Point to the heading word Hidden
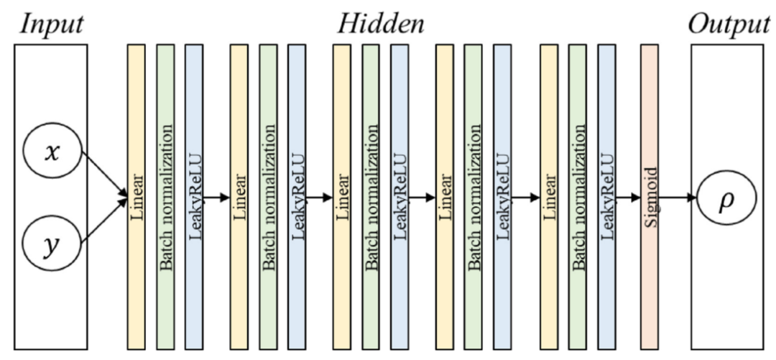[x=382, y=24]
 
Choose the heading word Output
[x=729, y=24]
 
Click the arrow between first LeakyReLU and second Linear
[x=216, y=196]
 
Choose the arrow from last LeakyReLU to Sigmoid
[x=627, y=196]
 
